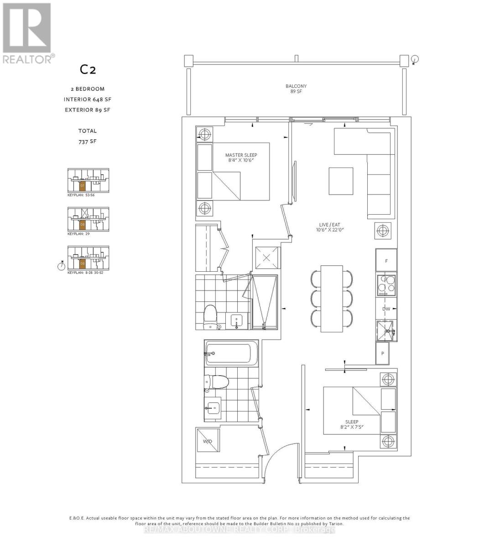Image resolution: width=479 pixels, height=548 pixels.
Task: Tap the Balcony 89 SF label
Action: [x=296, y=89]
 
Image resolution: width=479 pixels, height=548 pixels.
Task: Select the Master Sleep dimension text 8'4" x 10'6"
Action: [x=241, y=160]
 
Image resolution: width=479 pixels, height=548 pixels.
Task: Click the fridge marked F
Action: [x=386, y=261]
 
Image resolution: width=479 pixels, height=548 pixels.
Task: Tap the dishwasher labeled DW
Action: [x=386, y=309]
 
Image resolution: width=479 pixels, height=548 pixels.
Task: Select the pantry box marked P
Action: [x=382, y=353]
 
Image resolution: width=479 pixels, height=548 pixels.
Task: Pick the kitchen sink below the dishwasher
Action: [x=386, y=331]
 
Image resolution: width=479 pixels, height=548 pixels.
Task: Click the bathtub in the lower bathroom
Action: [x=228, y=353]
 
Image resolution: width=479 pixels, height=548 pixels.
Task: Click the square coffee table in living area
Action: [x=341, y=181]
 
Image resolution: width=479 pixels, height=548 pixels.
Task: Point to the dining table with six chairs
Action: [x=332, y=298]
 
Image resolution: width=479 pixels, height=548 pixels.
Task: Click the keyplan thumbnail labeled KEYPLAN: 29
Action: [x=88, y=220]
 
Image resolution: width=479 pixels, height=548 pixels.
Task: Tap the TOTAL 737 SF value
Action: [x=87, y=142]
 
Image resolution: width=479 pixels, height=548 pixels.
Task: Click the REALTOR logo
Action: [x=27, y=32]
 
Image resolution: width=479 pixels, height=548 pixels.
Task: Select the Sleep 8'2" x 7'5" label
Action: [x=352, y=425]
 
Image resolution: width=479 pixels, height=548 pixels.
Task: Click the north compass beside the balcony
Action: [x=415, y=59]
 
